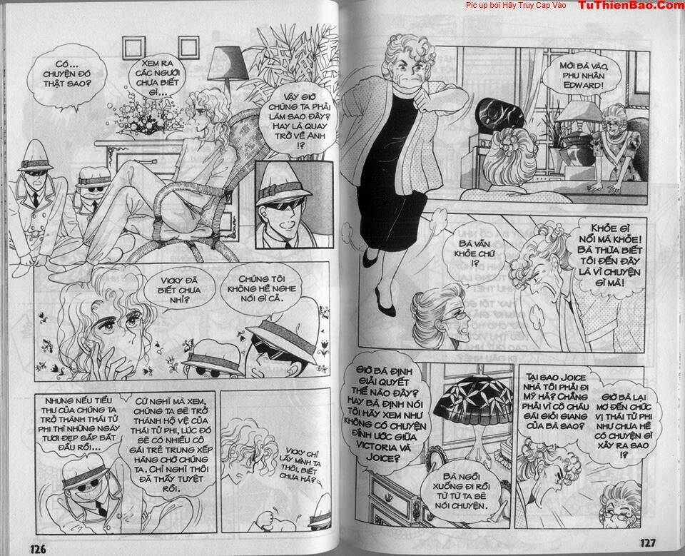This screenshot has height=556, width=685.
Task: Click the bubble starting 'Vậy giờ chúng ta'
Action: pos(291,115)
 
